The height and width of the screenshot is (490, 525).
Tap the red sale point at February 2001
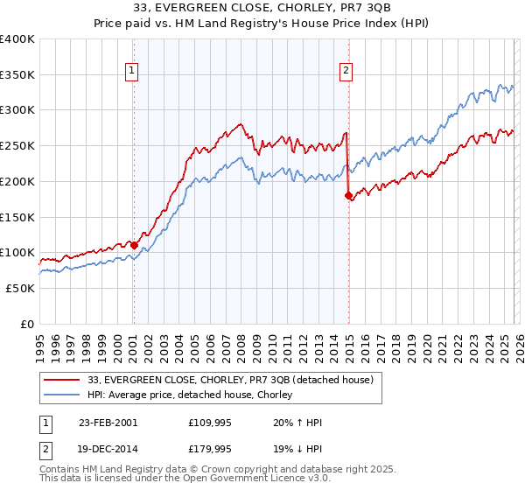pos(134,245)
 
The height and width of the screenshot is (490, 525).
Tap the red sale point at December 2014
pos(348,195)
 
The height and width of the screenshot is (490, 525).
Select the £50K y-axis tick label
pos(20,288)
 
